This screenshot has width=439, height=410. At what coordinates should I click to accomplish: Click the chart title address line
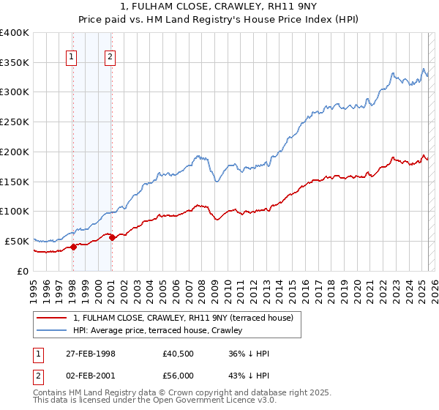coord(219,7)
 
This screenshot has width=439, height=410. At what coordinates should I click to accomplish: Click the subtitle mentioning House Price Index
coord(219,20)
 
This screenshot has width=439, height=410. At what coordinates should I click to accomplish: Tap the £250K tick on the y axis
coord(15,122)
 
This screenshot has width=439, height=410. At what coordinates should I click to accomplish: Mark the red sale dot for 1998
coord(74,247)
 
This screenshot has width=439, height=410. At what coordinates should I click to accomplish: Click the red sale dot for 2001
coord(112,237)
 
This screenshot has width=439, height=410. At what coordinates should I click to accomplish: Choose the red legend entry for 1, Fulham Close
coord(183,318)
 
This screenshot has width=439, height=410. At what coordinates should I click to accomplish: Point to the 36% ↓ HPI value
coord(249,354)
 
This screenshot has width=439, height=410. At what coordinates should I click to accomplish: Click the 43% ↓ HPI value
coord(249,376)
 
